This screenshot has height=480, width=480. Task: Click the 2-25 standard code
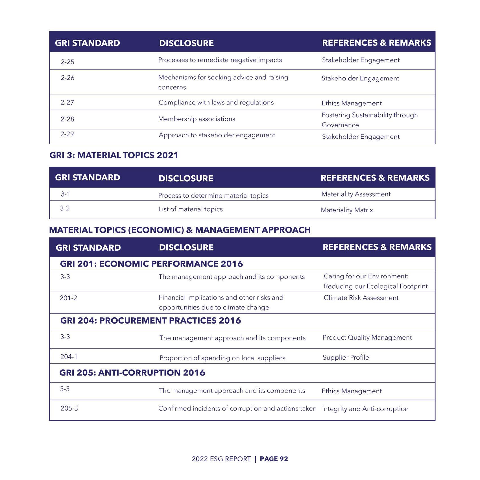[x=67, y=62]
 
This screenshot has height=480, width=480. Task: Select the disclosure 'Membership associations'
[x=197, y=119]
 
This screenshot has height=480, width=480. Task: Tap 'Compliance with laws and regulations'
[x=216, y=102]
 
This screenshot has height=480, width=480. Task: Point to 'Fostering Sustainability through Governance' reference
[x=369, y=120]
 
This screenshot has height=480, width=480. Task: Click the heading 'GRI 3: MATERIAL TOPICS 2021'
[x=114, y=155]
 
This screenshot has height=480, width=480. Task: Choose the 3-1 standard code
[x=66, y=194]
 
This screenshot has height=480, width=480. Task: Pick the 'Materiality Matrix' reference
[x=347, y=210]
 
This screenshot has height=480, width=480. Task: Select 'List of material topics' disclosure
[x=190, y=209]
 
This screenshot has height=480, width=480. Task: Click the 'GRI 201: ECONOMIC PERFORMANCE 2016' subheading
[x=151, y=264]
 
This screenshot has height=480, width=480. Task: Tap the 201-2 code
[x=68, y=298]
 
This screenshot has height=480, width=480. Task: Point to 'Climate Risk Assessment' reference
[x=361, y=298]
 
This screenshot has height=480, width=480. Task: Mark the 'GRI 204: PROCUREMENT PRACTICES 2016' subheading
[x=150, y=320]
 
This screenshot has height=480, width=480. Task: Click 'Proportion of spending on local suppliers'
[x=222, y=358]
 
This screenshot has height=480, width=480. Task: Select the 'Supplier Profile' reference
[x=346, y=357]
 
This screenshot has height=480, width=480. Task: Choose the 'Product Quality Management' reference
[x=367, y=337]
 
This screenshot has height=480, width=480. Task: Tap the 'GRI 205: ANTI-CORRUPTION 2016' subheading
[x=132, y=373]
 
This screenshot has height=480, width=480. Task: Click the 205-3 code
[x=69, y=408]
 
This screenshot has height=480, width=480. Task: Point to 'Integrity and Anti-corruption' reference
[x=365, y=409]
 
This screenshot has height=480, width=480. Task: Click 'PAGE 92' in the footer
[x=274, y=459]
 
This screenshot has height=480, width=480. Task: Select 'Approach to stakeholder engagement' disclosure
[x=217, y=135]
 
